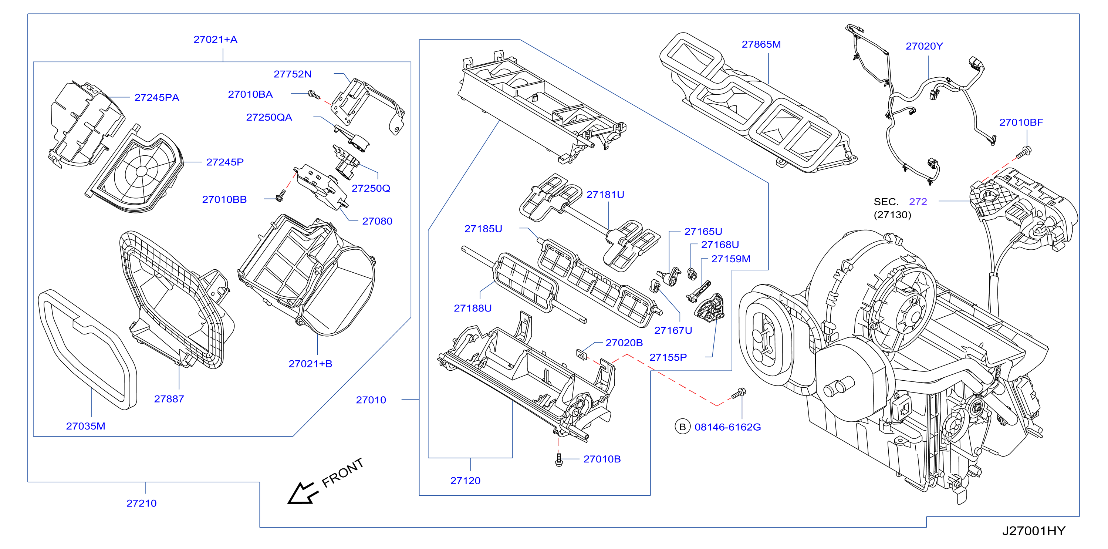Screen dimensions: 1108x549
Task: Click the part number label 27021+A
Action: click(x=215, y=40)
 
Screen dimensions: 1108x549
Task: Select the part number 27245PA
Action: click(x=156, y=98)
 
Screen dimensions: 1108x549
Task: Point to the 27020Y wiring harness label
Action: click(x=924, y=46)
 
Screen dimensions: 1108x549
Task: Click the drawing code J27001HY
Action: click(x=1034, y=531)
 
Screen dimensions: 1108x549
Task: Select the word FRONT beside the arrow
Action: click(x=343, y=472)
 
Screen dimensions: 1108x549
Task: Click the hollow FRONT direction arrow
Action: click(x=303, y=493)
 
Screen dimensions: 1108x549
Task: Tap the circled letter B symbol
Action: click(x=682, y=427)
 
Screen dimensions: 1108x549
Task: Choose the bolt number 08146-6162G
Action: click(x=727, y=427)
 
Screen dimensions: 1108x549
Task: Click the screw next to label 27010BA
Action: click(x=314, y=95)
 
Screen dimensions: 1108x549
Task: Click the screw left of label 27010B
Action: click(x=559, y=459)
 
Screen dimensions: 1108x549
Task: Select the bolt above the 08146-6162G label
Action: click(x=739, y=393)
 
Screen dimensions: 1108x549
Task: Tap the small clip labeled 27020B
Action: click(x=581, y=355)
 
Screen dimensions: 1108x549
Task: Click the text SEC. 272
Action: click(x=900, y=202)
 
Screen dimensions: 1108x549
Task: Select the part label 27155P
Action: click(x=668, y=357)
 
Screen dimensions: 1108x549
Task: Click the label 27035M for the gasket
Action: click(x=85, y=427)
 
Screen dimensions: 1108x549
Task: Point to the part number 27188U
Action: click(x=472, y=309)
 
